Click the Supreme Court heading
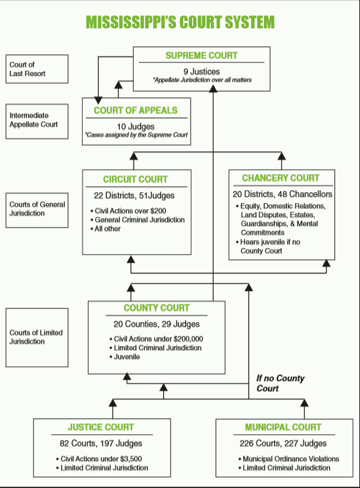(201, 55)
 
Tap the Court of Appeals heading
(136, 110)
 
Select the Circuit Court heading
(135, 179)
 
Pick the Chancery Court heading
(281, 177)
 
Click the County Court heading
(156, 308)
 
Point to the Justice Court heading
(101, 427)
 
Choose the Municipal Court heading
(283, 427)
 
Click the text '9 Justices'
(201, 71)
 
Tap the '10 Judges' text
(136, 126)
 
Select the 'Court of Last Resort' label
(28, 69)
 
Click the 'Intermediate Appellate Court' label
(34, 120)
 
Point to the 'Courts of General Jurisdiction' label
(37, 208)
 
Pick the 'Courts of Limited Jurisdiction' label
(36, 337)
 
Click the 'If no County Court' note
(281, 383)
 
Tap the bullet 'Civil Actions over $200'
(128, 210)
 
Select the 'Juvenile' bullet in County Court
(125, 357)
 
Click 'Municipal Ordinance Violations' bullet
(289, 458)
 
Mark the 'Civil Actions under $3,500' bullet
(99, 458)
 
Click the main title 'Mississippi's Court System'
(180, 22)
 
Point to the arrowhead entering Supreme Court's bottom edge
(214, 89)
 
